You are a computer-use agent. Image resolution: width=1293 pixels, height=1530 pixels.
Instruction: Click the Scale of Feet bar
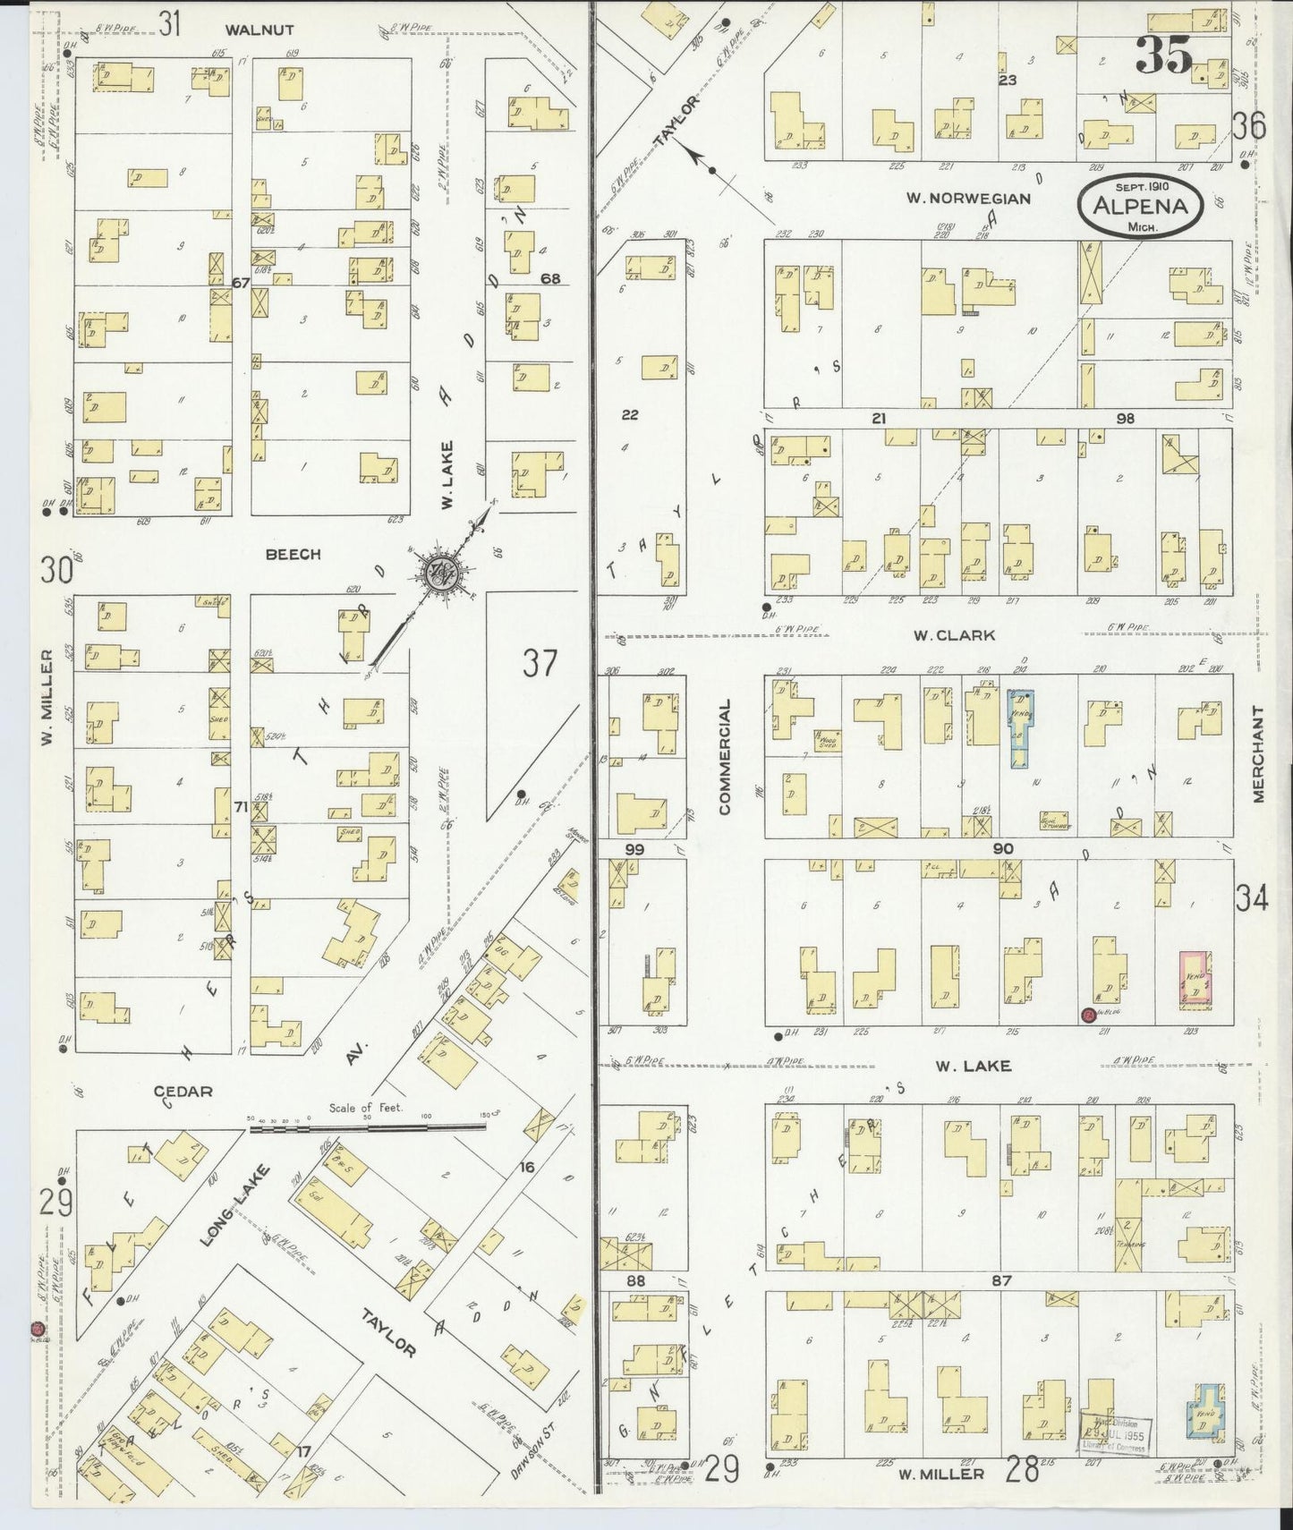(368, 1129)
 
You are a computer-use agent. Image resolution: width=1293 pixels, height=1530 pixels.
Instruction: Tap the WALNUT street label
(259, 30)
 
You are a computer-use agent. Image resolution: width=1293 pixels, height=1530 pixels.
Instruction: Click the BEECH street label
(293, 555)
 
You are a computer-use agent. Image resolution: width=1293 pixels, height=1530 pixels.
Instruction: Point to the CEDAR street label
(183, 1091)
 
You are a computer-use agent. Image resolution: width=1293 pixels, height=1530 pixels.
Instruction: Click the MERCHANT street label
(1258, 753)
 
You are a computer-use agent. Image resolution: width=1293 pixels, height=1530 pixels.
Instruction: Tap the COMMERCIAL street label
(725, 756)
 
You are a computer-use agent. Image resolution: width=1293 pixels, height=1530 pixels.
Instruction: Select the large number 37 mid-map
(540, 664)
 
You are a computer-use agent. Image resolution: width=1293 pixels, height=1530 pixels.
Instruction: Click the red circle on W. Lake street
(1088, 1015)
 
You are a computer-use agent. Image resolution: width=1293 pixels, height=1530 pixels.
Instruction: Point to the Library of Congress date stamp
(1115, 1429)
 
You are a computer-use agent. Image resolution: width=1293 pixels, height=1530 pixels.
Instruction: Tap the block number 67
(239, 283)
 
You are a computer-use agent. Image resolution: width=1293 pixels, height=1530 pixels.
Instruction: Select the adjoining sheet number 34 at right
(1252, 898)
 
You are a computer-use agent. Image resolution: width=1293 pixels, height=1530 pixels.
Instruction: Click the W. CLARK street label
(954, 635)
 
